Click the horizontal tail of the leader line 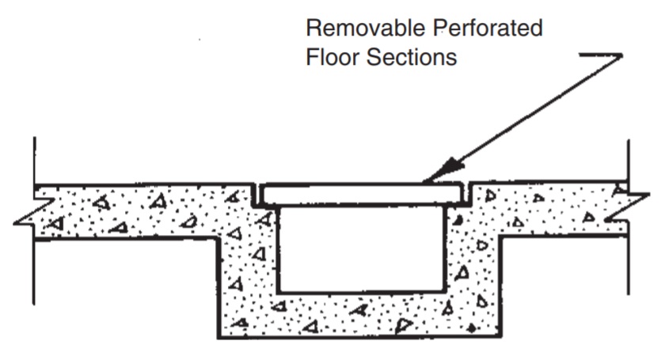[602, 55]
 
